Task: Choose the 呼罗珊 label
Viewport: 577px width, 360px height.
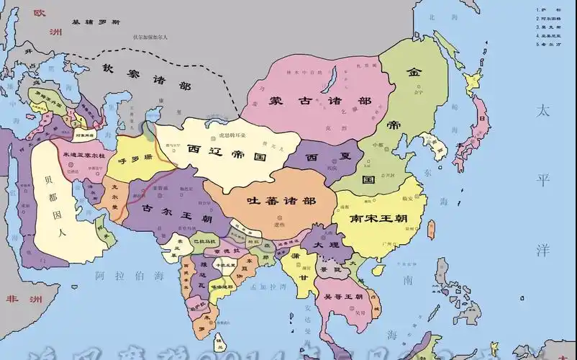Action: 135,159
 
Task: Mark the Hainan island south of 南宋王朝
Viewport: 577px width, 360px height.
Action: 378,269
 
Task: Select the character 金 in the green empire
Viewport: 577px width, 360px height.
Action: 414,72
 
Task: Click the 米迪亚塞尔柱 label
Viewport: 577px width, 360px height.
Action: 83,155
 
